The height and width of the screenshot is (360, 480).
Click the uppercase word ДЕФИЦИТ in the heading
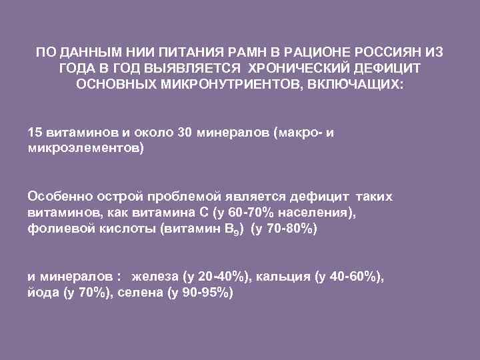pos(389,69)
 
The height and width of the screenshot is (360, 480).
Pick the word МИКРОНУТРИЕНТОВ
pos(235,86)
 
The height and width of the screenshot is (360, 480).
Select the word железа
pos(157,278)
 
